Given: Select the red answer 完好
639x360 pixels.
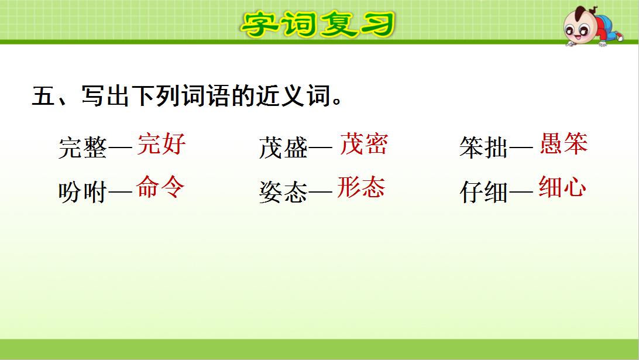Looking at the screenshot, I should (162, 143).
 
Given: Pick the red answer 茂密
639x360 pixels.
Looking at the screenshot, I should (363, 143).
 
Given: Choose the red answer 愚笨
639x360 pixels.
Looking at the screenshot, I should (563, 143).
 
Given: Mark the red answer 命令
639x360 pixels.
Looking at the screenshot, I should (160, 187).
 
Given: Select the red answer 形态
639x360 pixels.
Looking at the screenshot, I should (361, 187).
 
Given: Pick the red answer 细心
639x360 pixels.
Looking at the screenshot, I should (562, 187).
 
